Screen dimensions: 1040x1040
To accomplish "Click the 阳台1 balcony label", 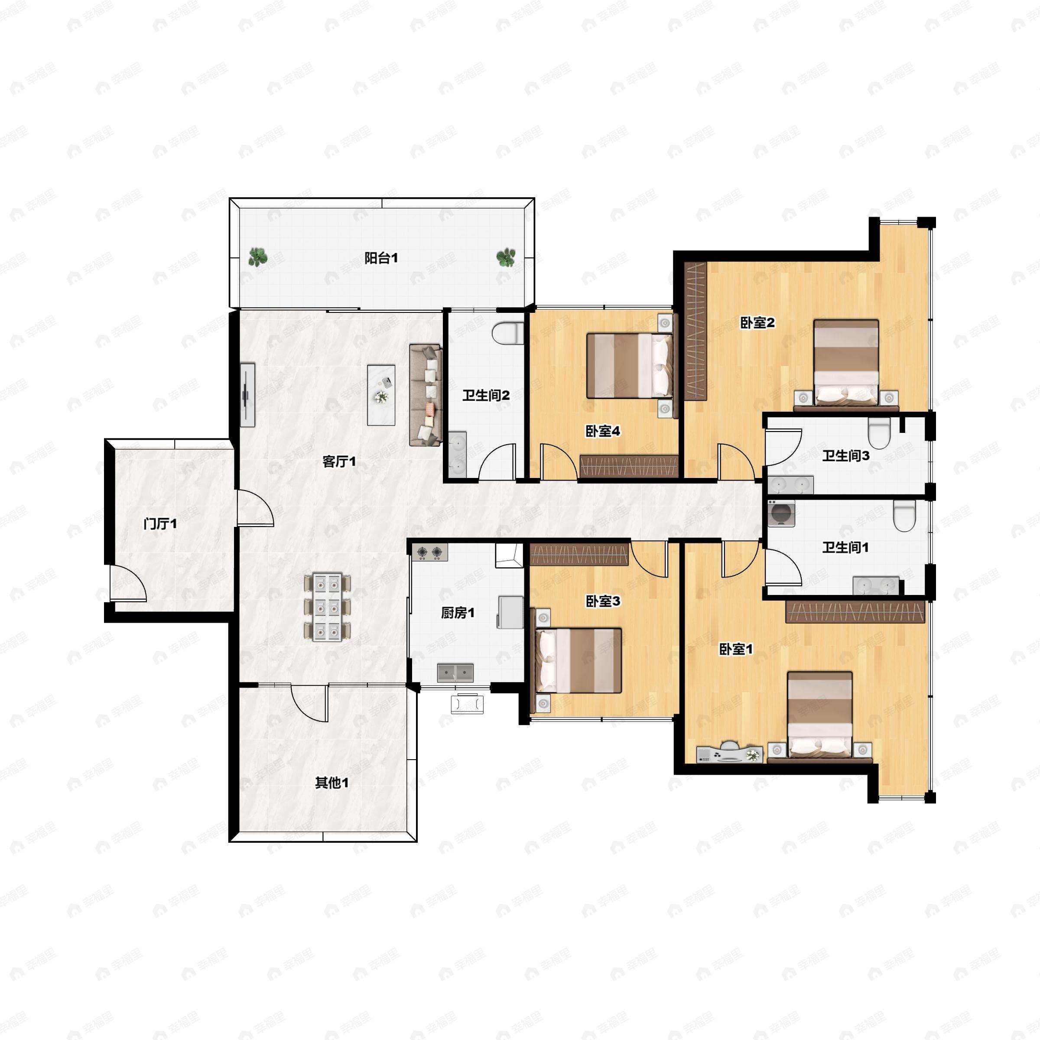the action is pyautogui.click(x=381, y=258).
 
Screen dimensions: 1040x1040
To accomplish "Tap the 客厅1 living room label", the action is pyautogui.click(x=339, y=461).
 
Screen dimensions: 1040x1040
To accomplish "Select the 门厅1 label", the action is pyautogui.click(x=160, y=524).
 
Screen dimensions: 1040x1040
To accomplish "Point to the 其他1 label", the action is pyautogui.click(x=331, y=782).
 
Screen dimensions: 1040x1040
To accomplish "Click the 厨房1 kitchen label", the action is pyautogui.click(x=458, y=613).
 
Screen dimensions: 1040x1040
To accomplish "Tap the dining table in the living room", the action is pyautogui.click(x=327, y=607).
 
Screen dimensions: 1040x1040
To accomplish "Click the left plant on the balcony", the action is pyautogui.click(x=258, y=257).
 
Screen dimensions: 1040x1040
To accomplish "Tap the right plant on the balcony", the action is pyautogui.click(x=505, y=258).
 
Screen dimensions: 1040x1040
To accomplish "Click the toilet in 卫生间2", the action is pyautogui.click(x=507, y=333).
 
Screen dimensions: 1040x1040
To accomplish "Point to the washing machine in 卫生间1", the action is pyautogui.click(x=781, y=513).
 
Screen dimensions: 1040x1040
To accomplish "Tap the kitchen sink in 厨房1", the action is pyautogui.click(x=455, y=673).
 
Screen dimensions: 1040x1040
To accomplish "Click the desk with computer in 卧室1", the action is pyautogui.click(x=729, y=754).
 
